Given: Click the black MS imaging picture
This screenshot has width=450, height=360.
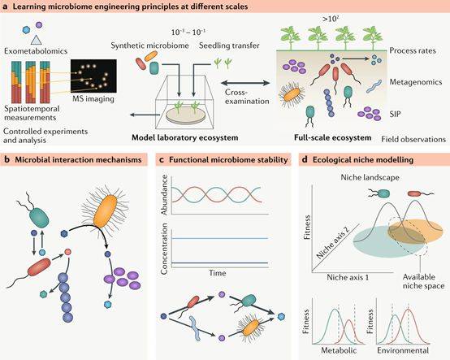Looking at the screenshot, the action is point(93,76).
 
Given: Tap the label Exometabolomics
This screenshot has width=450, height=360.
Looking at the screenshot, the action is point(36,51).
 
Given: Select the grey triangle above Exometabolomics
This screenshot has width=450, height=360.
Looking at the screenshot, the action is point(36,40).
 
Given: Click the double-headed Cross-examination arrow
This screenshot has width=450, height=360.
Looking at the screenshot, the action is point(245,83).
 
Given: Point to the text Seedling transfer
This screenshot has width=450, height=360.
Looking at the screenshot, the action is point(229,46).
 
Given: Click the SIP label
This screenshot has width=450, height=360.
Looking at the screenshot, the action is point(395,115).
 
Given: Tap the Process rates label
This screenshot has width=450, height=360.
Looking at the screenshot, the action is point(413,51).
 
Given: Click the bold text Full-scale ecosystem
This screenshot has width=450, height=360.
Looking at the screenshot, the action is point(332,137).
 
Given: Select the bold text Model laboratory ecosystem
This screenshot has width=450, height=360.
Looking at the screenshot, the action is point(185,137).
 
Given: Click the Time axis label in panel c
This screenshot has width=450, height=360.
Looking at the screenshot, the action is point(217,273).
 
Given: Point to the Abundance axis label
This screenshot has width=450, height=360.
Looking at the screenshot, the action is point(164,195).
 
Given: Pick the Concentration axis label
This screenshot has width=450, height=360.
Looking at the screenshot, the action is point(164,249).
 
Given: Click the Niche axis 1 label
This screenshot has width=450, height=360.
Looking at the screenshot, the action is point(348,277).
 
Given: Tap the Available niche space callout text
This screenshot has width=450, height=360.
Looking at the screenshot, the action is point(423,281).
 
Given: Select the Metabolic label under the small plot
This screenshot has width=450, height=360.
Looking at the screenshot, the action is point(339,350).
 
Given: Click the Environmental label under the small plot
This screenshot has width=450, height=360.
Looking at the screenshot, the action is point(403,350).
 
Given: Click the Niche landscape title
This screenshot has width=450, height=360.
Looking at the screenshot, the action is point(370,177).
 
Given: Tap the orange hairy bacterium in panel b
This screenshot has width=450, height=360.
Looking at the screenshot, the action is point(106,210).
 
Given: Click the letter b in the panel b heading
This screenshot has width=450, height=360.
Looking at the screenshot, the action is point(6,159).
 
